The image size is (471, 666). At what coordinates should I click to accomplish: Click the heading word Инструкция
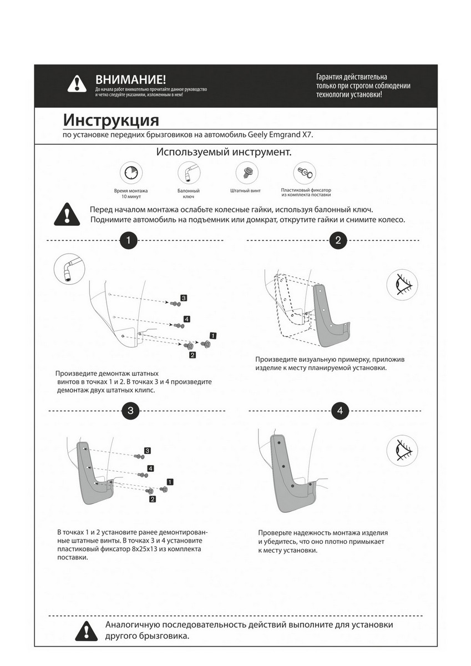110,120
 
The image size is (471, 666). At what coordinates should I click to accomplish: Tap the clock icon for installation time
130,173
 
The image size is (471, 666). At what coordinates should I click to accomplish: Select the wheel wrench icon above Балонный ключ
189,173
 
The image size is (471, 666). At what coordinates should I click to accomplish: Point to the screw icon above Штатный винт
245,173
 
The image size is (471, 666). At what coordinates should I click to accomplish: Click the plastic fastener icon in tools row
305,173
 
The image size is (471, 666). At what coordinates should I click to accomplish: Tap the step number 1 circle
129,240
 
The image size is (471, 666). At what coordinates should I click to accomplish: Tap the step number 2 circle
338,240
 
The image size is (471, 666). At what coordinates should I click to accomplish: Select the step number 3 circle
130,411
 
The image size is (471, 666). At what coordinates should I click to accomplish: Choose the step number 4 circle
340,411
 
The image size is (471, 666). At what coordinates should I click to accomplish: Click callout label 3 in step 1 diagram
184,298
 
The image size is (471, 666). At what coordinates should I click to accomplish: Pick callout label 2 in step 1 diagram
192,355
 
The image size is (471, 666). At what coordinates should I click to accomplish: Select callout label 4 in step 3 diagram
150,468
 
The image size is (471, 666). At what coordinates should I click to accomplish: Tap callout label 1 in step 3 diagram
170,481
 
